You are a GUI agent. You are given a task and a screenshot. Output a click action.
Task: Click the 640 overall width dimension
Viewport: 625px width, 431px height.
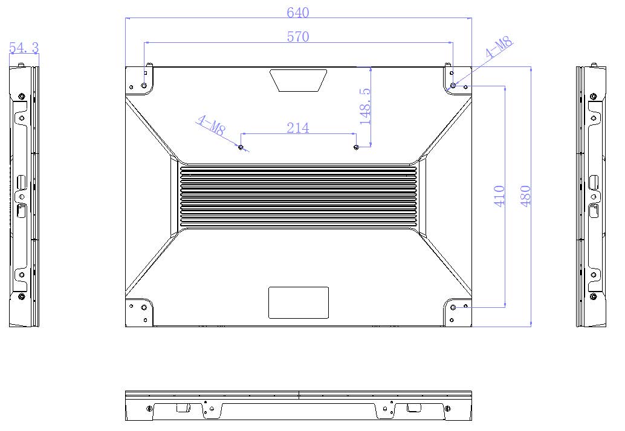point(298,13)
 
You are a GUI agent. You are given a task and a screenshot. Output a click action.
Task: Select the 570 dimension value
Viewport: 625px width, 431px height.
point(298,37)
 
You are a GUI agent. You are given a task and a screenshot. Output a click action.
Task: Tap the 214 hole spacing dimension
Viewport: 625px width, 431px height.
point(298,128)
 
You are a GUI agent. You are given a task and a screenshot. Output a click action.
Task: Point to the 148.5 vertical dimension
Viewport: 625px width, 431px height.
point(365,106)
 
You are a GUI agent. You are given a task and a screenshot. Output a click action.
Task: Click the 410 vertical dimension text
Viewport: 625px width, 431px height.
point(499,196)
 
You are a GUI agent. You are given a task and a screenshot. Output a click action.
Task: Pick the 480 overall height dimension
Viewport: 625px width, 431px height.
point(526,196)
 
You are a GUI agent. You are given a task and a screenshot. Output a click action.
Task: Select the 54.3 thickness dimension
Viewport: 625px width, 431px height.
point(24,48)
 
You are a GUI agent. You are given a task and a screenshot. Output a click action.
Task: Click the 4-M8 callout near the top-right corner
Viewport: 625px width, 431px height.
point(499,48)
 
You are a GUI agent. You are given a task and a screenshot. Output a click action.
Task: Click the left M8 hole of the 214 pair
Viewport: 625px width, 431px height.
point(241,147)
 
